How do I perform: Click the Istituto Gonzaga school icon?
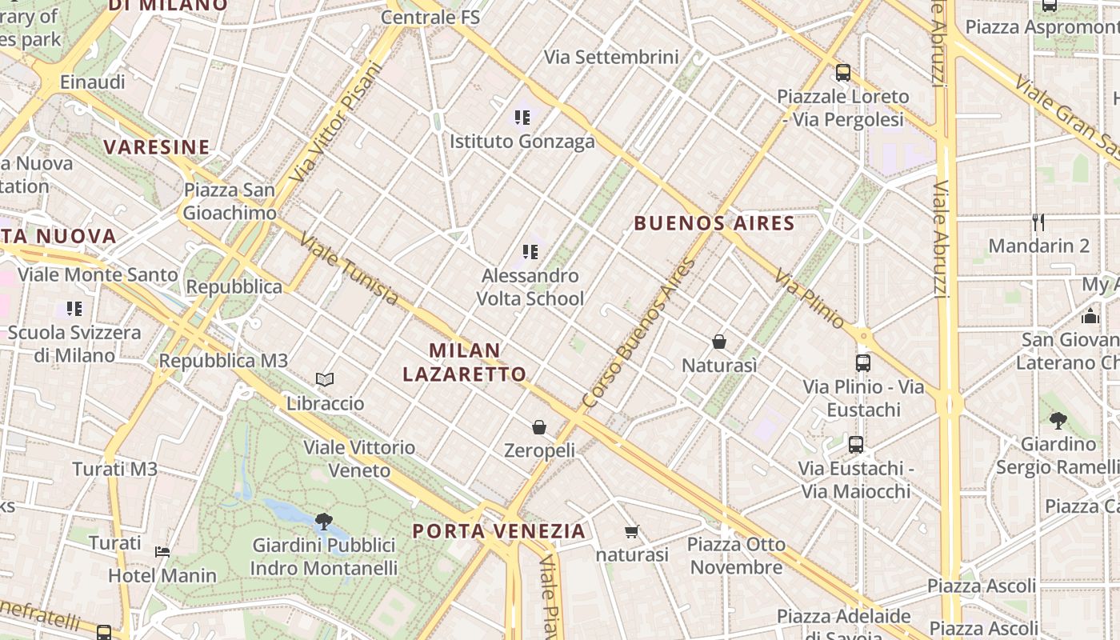coord(522,118)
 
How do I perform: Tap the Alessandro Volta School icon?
coord(530,252)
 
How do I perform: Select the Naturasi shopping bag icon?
coord(719,342)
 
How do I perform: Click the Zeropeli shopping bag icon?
coord(539,427)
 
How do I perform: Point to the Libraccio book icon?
coord(325,379)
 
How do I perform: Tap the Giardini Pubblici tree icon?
coord(324,522)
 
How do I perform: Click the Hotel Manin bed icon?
coord(162,551)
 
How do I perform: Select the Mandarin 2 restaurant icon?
coord(1038,222)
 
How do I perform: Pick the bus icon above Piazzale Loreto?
coord(842,73)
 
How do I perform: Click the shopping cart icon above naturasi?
coord(632,531)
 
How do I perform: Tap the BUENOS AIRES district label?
coord(714,223)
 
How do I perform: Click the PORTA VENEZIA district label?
coord(499,531)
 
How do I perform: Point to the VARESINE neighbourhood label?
coord(157,147)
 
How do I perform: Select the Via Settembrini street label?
coord(611,57)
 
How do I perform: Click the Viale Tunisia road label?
coord(349,268)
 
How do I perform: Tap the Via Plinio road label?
coord(809,298)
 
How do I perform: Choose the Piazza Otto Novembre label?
coord(736,556)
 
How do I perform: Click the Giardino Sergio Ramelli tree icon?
coord(1058,420)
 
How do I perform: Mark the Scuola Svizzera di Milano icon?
coord(74,309)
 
